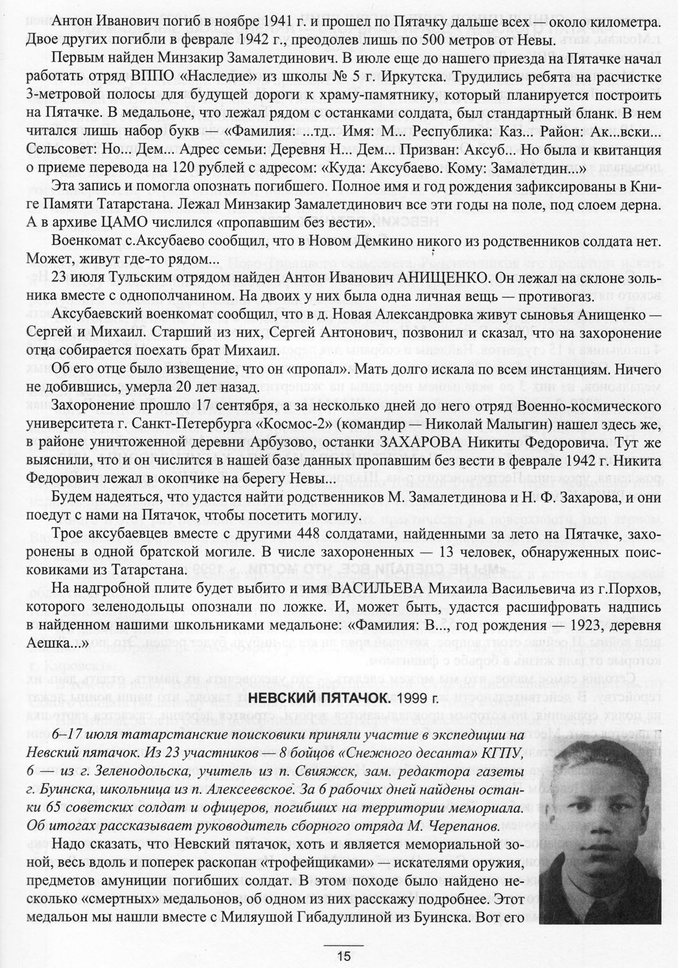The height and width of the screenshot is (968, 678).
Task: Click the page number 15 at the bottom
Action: pyautogui.click(x=343, y=956)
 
